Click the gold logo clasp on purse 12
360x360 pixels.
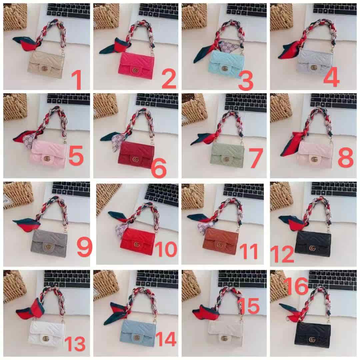312,248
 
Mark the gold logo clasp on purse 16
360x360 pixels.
312,339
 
